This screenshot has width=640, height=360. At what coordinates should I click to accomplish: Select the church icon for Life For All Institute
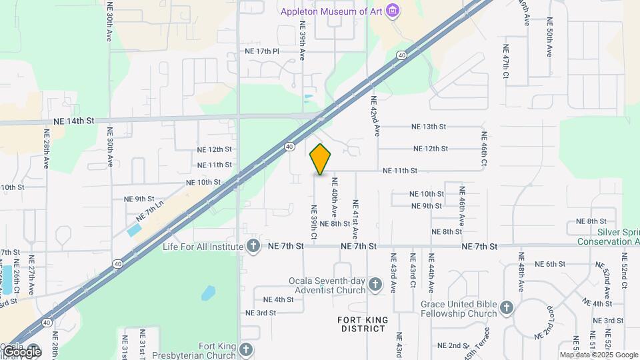click(x=253, y=247)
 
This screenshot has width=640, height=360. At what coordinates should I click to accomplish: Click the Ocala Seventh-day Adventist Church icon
click(x=375, y=285)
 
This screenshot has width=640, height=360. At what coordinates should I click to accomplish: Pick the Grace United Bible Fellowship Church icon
click(x=507, y=308)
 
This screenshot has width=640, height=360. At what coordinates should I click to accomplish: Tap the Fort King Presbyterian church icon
click(x=246, y=350)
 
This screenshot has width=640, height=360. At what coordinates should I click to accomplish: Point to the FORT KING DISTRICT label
click(x=362, y=325)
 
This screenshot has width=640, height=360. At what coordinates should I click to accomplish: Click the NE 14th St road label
click(x=74, y=121)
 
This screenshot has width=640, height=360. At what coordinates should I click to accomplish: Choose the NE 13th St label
click(x=428, y=127)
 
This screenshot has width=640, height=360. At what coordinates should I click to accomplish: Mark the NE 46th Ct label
click(x=485, y=149)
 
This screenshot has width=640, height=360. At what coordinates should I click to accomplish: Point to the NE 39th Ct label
click(x=313, y=222)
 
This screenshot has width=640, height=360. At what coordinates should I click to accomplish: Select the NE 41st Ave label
click(x=355, y=220)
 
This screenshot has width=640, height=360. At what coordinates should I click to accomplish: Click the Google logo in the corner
click(x=21, y=351)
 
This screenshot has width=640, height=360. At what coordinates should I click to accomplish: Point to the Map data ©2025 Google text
click(x=599, y=355)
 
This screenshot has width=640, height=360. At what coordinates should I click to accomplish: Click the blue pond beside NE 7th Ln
click(x=134, y=231)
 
